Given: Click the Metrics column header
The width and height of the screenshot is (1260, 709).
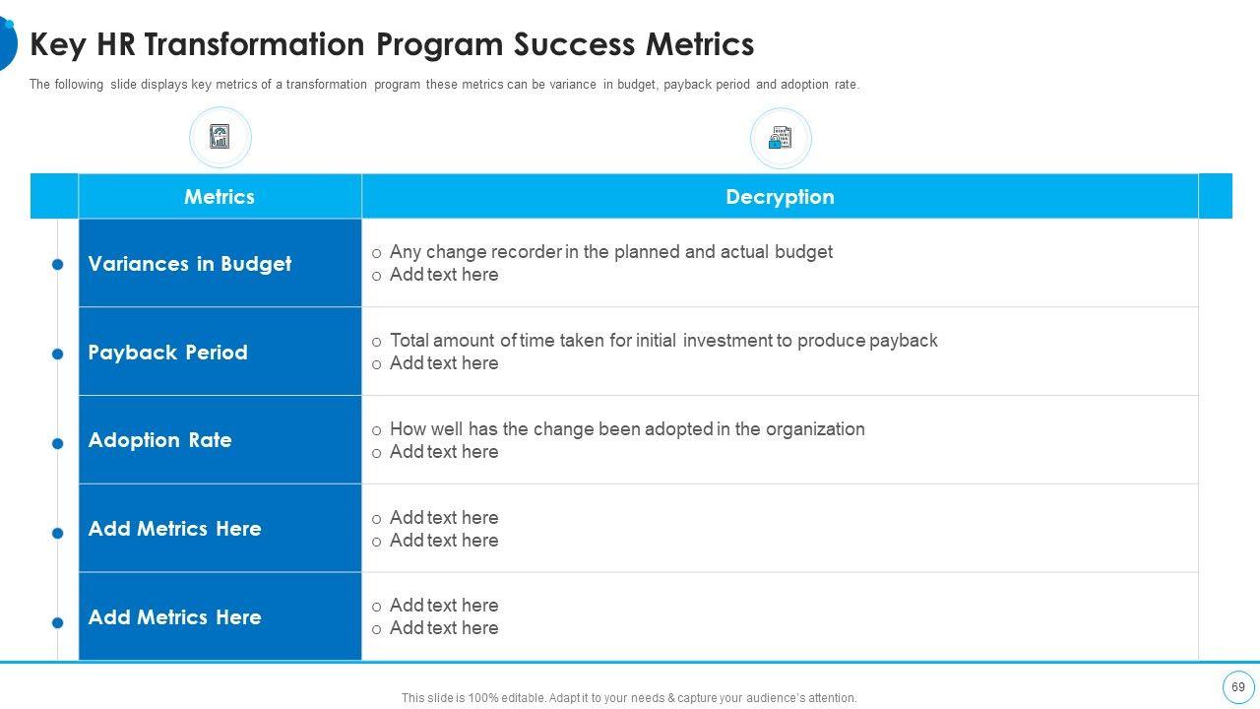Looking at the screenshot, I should (x=220, y=197).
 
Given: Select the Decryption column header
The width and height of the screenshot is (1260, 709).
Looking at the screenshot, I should (x=780, y=197).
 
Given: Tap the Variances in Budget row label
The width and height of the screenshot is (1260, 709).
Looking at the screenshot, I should (x=190, y=264).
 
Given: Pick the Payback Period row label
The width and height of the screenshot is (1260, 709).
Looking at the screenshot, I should (x=167, y=353).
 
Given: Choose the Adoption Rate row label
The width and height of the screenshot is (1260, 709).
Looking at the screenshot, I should (x=159, y=440).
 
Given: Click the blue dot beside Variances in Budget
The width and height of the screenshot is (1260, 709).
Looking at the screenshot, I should (x=58, y=264).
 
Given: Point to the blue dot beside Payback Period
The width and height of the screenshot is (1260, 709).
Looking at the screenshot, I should (x=58, y=354).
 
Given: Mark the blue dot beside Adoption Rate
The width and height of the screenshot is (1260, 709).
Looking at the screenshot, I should (x=58, y=444).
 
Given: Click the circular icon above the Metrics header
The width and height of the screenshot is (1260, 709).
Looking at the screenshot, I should (x=220, y=137).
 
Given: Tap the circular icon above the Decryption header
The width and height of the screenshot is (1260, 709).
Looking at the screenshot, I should (x=781, y=138).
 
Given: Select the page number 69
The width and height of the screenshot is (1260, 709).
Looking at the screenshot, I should (x=1237, y=687).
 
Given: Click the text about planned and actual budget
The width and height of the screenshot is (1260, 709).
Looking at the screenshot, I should (x=610, y=252).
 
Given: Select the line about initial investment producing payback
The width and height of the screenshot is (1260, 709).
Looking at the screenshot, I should (x=663, y=341).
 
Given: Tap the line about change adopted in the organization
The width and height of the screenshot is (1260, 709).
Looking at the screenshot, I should (x=627, y=429).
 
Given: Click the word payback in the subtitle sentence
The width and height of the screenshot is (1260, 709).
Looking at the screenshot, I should (x=686, y=85).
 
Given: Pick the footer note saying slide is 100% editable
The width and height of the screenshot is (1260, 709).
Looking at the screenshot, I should (x=629, y=698).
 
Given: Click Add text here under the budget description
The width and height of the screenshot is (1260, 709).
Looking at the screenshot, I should (x=444, y=275).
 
